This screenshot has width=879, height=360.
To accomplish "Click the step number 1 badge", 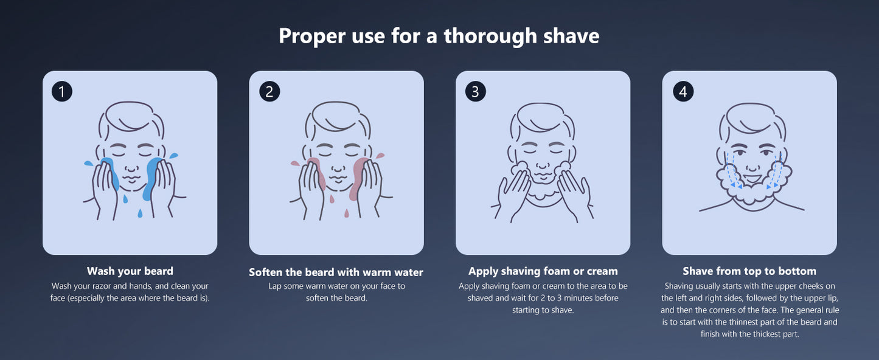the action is (62, 91).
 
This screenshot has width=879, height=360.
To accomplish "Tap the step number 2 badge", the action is (269, 91).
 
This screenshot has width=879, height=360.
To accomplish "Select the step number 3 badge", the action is (476, 91).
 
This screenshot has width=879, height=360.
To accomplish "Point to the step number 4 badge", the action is (683, 91).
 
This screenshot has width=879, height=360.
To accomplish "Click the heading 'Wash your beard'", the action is (130, 271).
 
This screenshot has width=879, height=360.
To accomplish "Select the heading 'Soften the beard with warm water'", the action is (336, 272).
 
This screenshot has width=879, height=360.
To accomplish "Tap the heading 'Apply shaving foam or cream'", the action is (543, 271).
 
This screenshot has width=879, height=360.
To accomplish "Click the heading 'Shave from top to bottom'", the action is (749, 271).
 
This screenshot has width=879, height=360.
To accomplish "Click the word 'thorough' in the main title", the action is (490, 36).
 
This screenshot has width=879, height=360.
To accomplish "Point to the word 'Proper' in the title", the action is (312, 36).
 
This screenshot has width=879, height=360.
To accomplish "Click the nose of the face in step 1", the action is (131, 167).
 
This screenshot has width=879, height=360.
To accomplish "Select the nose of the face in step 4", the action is (752, 166).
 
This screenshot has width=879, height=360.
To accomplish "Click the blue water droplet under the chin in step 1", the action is (140, 213).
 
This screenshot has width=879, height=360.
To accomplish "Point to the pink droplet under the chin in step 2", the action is (347, 213).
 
